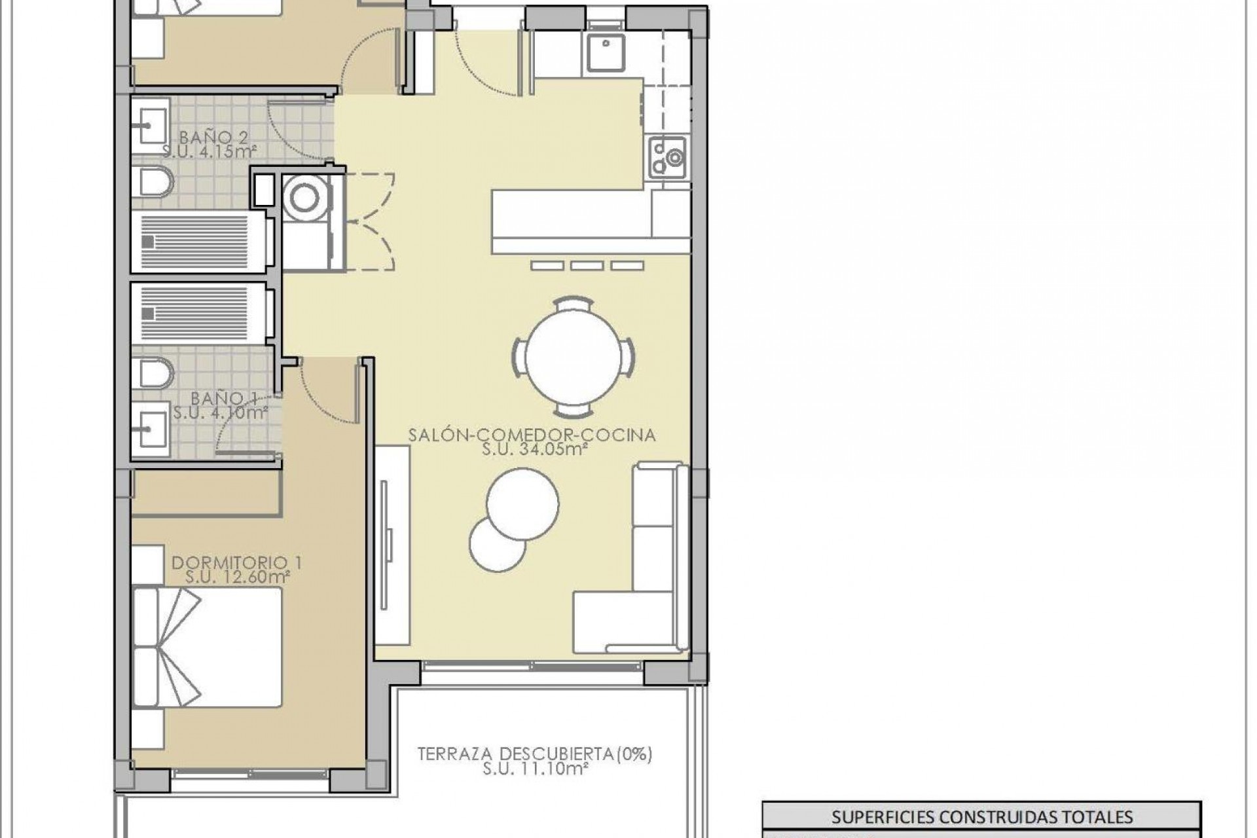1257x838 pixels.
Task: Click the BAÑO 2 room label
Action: (x=205, y=137)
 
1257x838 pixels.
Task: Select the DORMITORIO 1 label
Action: (x=237, y=562)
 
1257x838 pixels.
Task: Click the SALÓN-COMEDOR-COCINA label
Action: (x=532, y=435)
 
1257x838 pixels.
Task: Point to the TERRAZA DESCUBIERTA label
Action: (x=535, y=754)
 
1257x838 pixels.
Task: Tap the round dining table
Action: (x=573, y=357)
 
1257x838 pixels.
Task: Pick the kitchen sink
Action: (x=606, y=52)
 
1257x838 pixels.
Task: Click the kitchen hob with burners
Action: (x=668, y=158)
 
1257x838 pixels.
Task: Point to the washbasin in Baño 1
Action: (x=151, y=430)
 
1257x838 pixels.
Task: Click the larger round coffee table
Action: (x=522, y=503)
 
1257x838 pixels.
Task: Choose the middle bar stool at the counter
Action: (x=587, y=266)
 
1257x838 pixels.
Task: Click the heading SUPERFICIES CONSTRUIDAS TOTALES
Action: (x=982, y=816)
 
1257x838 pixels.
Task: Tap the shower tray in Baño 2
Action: (x=196, y=241)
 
